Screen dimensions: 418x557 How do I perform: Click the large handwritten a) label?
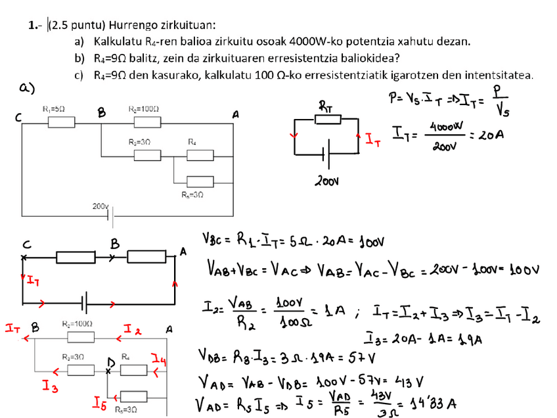coord(27,89)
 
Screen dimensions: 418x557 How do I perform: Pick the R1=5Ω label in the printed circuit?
coord(57,109)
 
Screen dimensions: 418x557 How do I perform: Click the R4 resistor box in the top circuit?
coord(200,155)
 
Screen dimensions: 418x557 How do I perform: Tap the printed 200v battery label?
coord(100,206)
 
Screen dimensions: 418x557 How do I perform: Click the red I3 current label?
coord(49,386)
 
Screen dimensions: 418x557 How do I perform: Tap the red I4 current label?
coord(158,359)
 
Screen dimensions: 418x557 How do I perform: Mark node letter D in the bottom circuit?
coord(112,361)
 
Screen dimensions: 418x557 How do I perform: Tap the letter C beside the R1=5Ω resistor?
coord(20,118)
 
